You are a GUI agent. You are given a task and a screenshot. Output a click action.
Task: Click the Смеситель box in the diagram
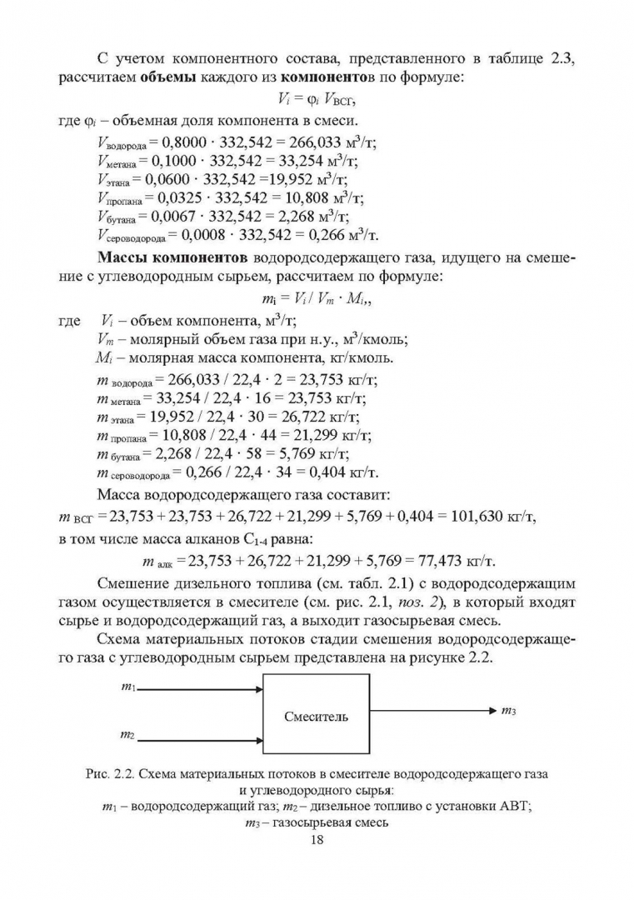click(316, 716)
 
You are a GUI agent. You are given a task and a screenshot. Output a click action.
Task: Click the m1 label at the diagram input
click(128, 687)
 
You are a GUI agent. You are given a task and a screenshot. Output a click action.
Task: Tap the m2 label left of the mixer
click(127, 734)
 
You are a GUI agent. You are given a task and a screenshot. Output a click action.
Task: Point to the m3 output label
click(509, 711)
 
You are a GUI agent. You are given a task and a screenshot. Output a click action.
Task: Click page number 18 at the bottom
click(316, 839)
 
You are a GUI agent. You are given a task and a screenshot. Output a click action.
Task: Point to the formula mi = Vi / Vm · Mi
click(316, 297)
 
